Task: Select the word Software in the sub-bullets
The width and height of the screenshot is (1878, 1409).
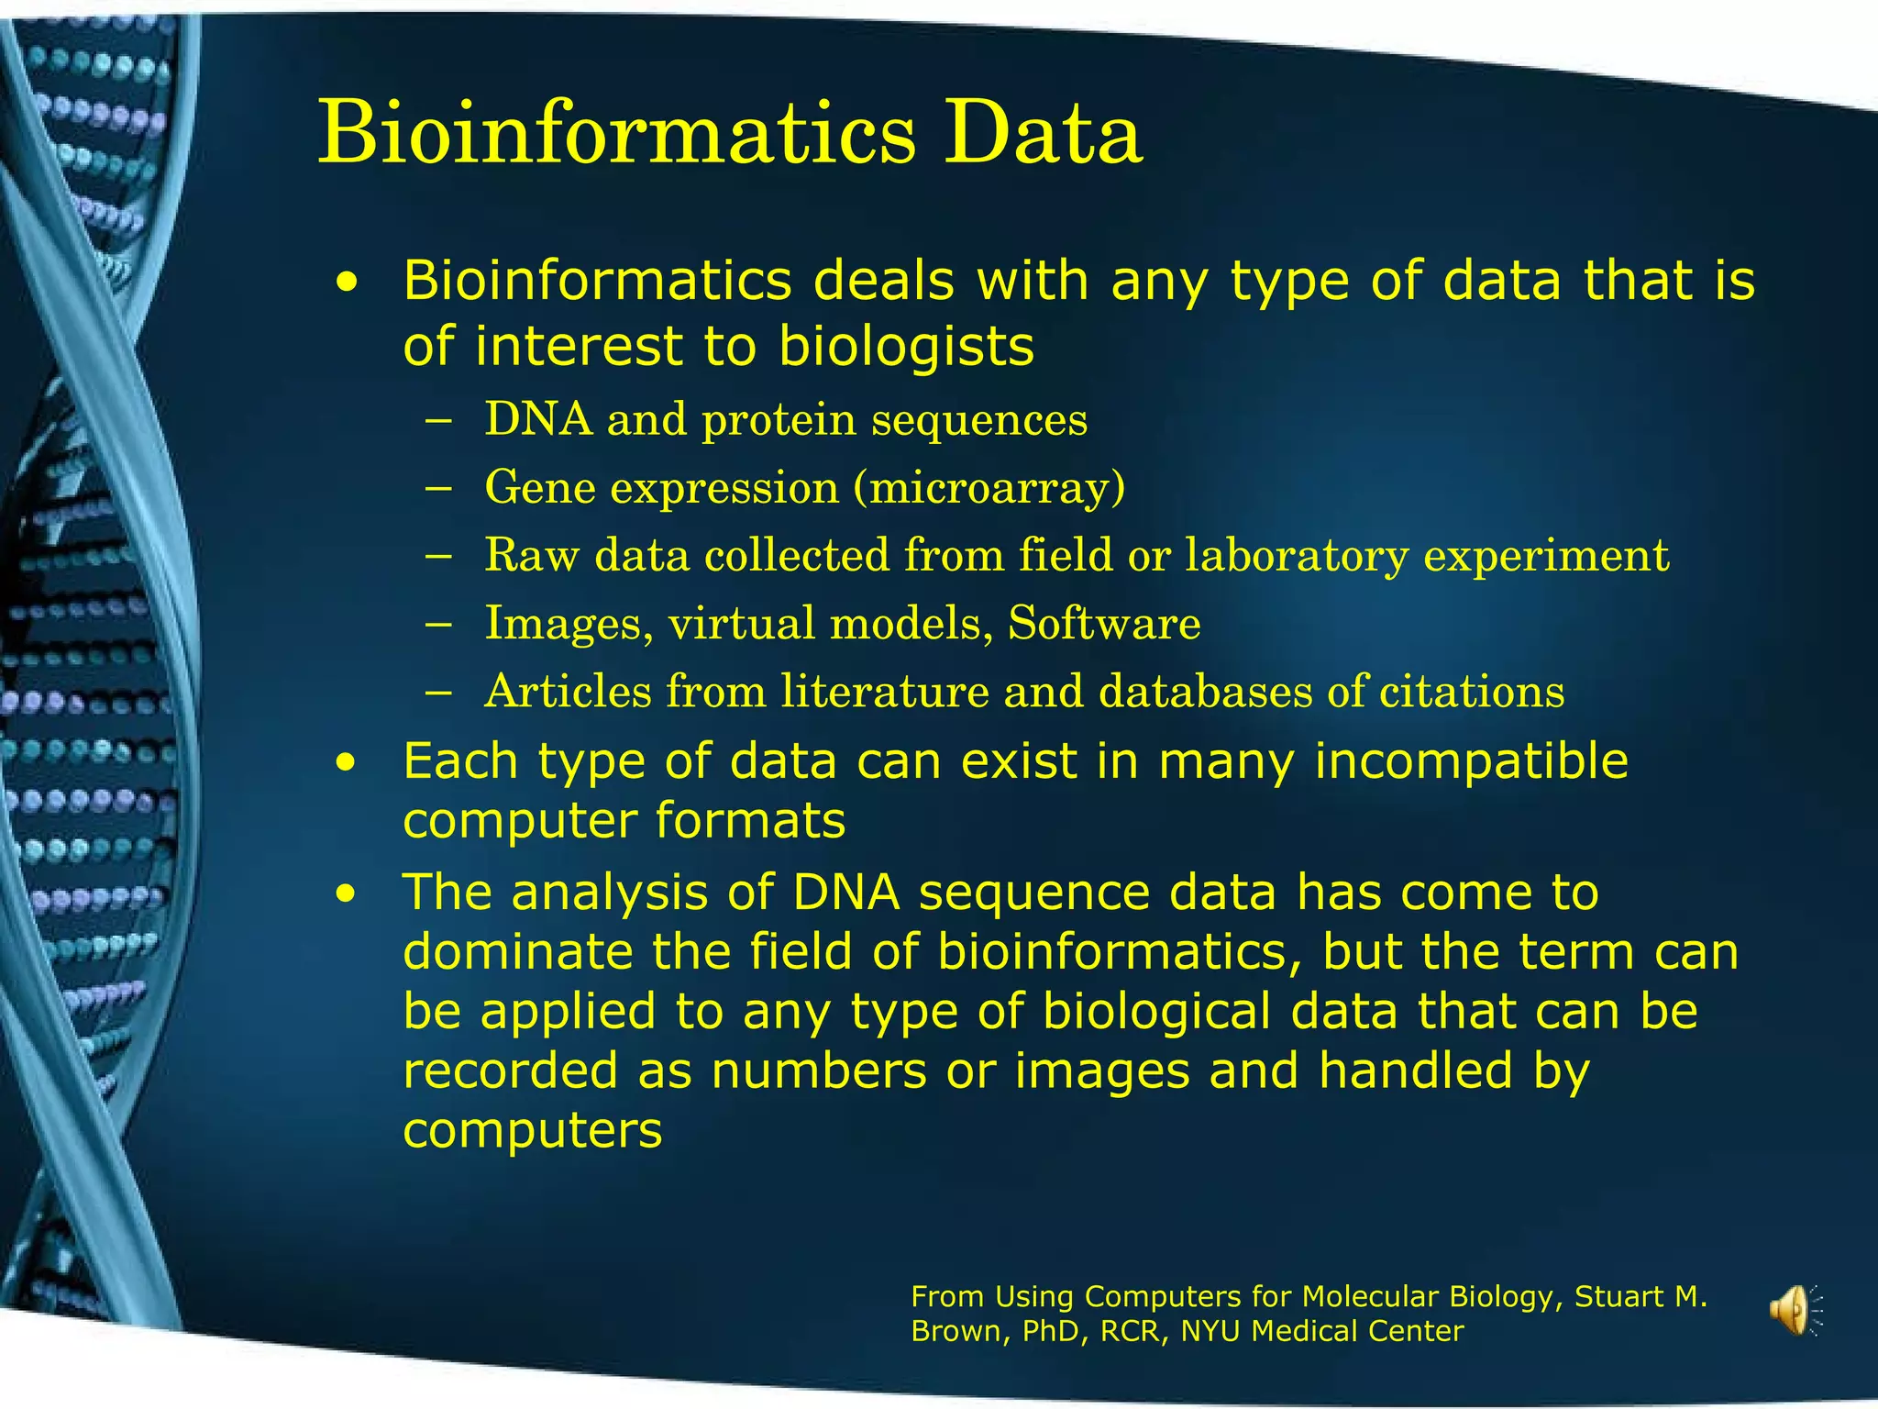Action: coord(1104,624)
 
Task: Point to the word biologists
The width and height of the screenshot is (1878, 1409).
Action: coord(906,347)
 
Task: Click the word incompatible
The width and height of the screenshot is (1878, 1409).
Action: coord(1471,761)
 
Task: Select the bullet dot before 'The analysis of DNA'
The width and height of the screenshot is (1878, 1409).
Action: coord(346,894)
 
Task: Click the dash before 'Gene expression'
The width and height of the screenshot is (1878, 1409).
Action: coord(439,488)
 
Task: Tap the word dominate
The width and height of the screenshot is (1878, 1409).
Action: coord(520,951)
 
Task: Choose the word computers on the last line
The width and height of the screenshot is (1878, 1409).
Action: coord(532,1130)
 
